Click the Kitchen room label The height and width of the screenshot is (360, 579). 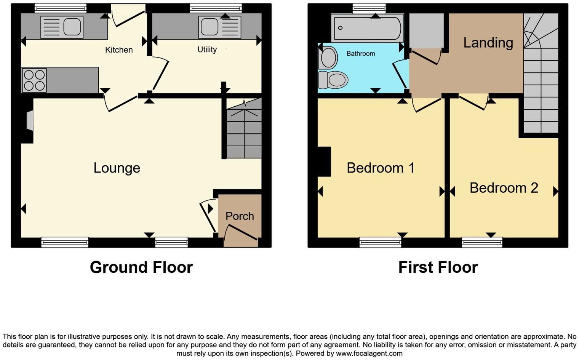point(119,50)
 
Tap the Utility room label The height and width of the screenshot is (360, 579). point(207,50)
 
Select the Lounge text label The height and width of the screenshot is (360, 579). point(117,168)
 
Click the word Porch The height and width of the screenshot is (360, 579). point(240,216)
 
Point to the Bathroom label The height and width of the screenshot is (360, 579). point(360,54)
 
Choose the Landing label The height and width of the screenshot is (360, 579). point(488,42)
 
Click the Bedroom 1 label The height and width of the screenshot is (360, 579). point(380,168)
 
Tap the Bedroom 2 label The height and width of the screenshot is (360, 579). point(504,188)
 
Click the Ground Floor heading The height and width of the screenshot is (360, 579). point(141,267)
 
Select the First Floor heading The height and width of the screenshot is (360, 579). point(438,267)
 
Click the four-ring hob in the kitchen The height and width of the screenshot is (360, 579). point(34,80)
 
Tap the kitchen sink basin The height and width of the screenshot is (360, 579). point(72,27)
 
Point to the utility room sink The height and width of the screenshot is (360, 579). point(209,27)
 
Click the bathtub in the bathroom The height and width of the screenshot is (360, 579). point(367,28)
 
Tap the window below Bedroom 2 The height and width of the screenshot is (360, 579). point(482,242)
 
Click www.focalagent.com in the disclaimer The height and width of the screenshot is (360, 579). point(369,353)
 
